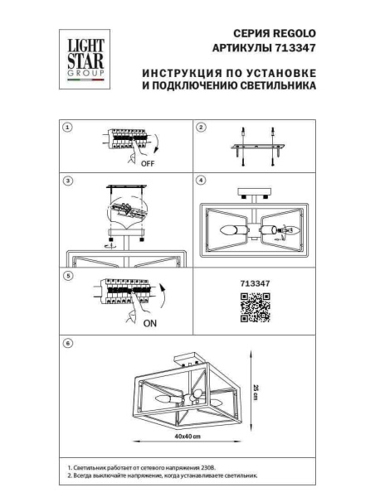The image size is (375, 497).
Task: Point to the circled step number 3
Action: [x=69, y=180]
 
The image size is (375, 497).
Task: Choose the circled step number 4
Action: [x=200, y=180]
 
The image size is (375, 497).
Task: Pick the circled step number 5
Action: [x=69, y=275]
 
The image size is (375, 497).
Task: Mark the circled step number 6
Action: [x=69, y=341]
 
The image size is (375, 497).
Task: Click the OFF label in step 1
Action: [x=149, y=164]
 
